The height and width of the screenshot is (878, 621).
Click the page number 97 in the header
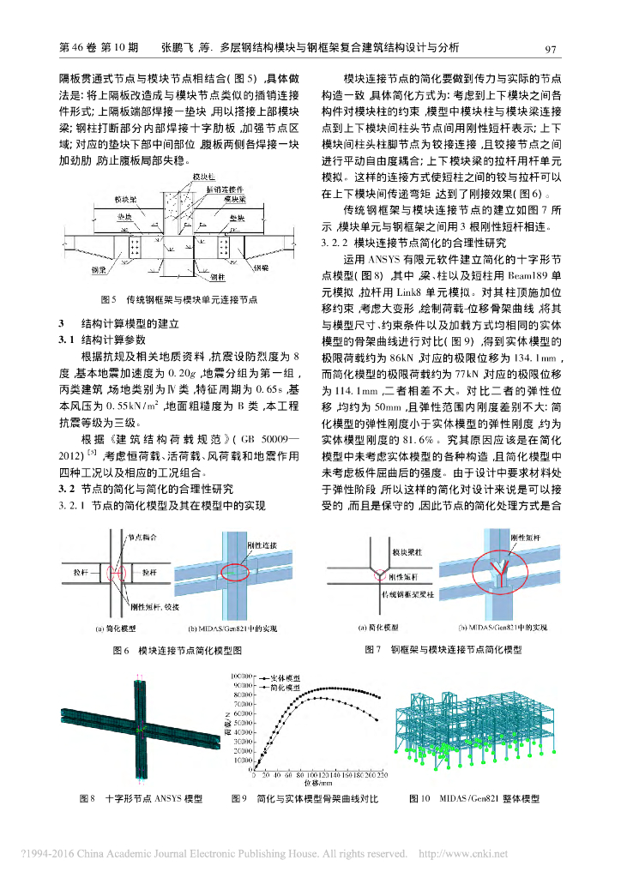[552, 48]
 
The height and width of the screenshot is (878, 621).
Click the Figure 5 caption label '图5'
[108, 300]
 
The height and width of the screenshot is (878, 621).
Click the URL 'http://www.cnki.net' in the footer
[461, 853]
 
